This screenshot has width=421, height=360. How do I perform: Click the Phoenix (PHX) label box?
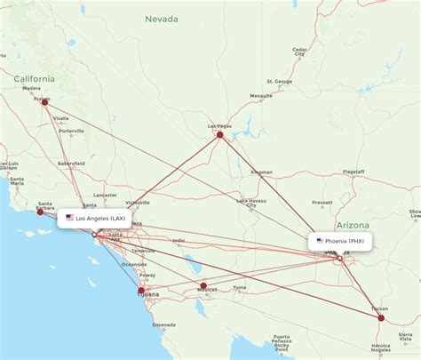[339, 241]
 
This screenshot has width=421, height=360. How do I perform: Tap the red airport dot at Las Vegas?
[220, 134]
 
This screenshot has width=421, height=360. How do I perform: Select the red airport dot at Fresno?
[44, 101]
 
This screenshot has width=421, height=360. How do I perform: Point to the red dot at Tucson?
[381, 317]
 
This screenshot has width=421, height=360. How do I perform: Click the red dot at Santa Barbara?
[40, 212]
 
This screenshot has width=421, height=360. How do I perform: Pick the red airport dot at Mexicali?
[203, 285]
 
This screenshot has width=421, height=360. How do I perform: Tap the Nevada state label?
[163, 19]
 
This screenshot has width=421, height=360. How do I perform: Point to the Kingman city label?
[262, 171]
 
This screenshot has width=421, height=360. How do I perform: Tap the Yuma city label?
[239, 287]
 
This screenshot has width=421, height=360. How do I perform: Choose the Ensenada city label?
[163, 325]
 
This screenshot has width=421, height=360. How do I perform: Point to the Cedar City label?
[299, 52]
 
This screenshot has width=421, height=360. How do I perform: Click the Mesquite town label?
[261, 95]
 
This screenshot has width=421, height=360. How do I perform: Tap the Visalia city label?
[61, 117]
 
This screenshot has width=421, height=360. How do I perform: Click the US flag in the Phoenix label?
[320, 241]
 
